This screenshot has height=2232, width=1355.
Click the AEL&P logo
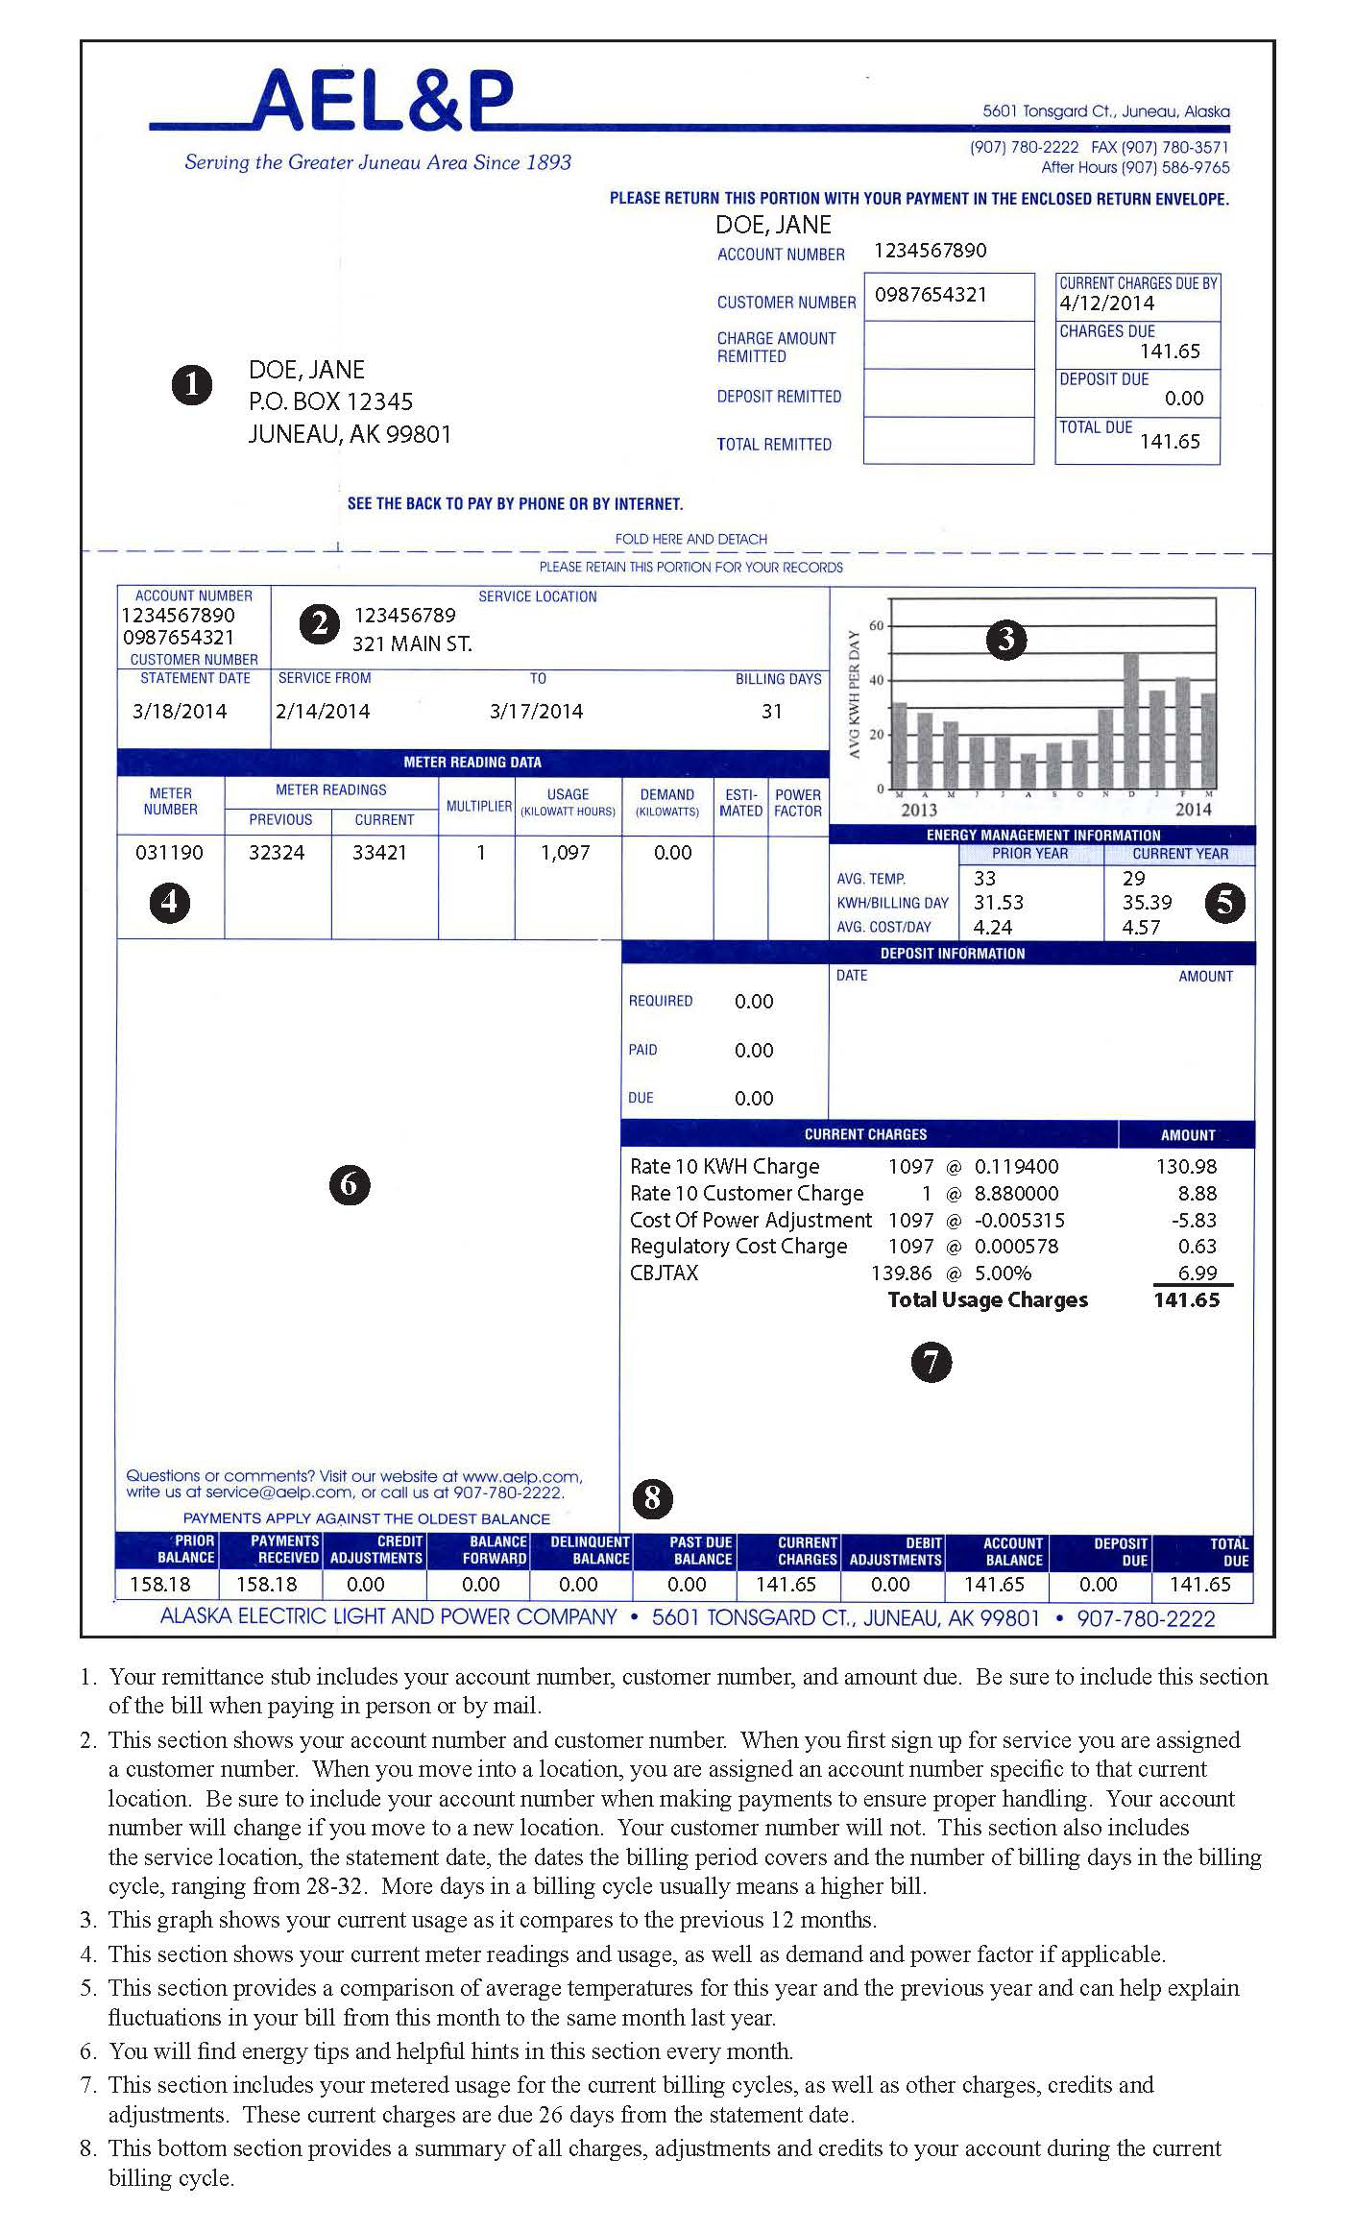(x=382, y=100)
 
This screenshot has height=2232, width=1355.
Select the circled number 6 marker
(x=349, y=1184)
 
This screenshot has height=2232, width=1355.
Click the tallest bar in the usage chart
(x=1131, y=720)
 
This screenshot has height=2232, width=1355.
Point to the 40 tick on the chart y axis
(x=875, y=680)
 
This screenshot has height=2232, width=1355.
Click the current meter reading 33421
(x=379, y=852)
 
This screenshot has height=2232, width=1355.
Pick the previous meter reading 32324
(x=277, y=852)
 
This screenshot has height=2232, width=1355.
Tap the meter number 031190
(x=169, y=852)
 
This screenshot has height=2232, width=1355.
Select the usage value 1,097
(x=565, y=852)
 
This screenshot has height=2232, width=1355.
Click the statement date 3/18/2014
(x=180, y=712)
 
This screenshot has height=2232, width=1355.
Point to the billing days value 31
(x=772, y=712)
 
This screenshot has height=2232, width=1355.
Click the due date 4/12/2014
(x=1106, y=303)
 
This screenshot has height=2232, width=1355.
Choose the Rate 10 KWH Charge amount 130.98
(x=1186, y=1167)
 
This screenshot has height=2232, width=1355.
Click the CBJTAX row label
(x=664, y=1274)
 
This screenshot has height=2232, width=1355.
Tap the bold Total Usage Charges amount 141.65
(x=1186, y=1300)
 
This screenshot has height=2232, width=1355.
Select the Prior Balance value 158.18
(x=159, y=1585)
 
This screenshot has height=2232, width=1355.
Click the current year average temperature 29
(x=1133, y=878)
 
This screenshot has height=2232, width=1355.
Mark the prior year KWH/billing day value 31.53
(x=998, y=903)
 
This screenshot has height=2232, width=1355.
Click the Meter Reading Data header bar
(x=472, y=763)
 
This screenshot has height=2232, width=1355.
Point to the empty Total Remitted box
(x=948, y=442)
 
